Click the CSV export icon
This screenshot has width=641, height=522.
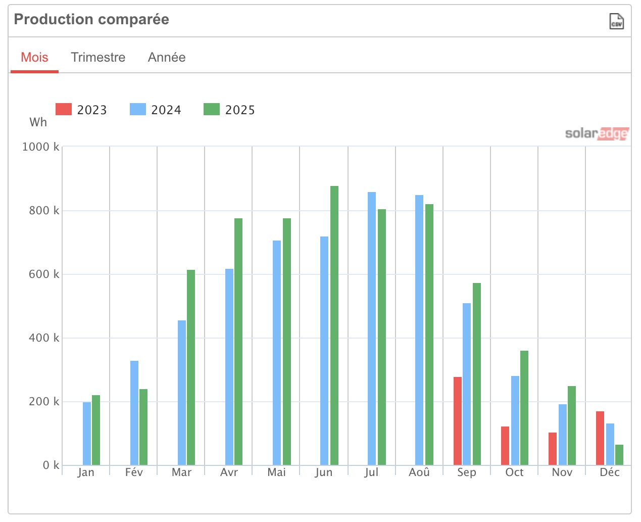[616, 21]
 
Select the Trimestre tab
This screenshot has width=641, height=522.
[98, 57]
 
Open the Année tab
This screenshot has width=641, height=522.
[167, 57]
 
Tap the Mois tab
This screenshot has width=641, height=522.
[34, 57]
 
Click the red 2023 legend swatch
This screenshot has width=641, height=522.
[64, 109]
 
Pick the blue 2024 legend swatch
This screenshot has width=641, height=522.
[138, 109]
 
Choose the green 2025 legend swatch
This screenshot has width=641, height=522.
[212, 109]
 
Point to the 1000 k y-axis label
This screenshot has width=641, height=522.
[41, 147]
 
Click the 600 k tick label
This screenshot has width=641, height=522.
[44, 274]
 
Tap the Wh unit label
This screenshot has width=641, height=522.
[38, 122]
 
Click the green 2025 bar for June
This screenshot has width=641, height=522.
[334, 325]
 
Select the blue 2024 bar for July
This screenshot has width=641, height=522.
[372, 328]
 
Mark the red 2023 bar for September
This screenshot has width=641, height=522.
[458, 421]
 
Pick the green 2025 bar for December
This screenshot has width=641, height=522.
[619, 455]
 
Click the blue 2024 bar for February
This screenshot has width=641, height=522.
[134, 413]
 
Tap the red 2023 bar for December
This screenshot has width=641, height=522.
[600, 438]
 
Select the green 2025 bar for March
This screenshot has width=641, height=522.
[191, 367]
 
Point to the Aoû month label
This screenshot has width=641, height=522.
[419, 472]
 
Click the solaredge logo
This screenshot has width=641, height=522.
[597, 133]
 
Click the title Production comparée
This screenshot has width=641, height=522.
[91, 19]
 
